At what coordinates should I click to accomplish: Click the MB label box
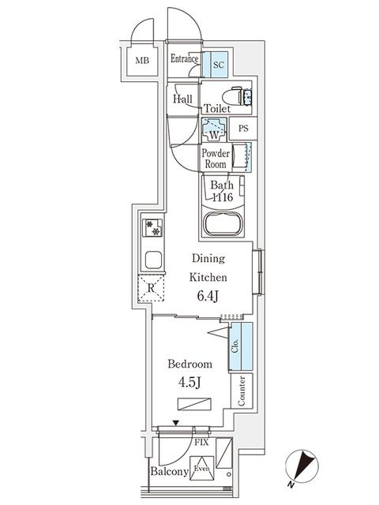point(142,62)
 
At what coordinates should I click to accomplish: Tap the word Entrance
point(185,58)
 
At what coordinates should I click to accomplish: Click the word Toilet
point(217,108)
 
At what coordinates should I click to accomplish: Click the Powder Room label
point(215,158)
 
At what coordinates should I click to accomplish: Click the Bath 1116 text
point(221,192)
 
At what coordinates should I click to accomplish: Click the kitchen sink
point(152,259)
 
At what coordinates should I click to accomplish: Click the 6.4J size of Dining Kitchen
point(208,297)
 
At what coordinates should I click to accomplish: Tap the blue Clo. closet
point(239,346)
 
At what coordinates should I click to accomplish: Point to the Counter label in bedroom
point(240,390)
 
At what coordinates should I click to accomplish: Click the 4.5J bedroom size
point(189,383)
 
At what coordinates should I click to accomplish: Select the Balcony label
point(169,472)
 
